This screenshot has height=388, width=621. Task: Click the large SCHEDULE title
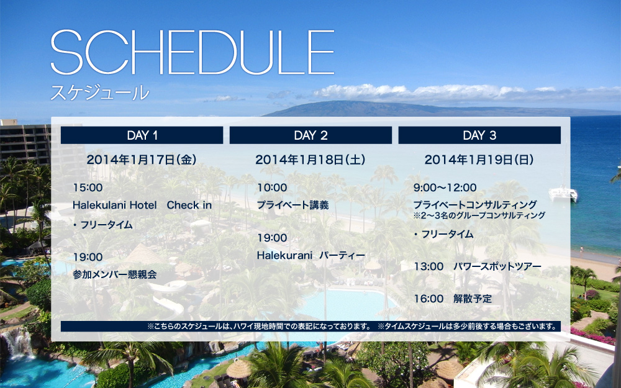193,52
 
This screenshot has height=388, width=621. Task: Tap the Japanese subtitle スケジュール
100,92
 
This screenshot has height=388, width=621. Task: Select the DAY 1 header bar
142,135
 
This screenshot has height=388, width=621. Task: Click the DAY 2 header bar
310,135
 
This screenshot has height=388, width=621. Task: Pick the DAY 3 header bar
479,135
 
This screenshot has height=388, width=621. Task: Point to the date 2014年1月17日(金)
142,160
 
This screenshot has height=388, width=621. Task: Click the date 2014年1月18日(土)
310,160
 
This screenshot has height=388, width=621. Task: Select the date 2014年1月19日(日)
479,160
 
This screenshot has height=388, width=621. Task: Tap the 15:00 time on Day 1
88,187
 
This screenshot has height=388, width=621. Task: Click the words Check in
189,205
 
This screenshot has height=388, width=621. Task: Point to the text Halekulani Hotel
115,205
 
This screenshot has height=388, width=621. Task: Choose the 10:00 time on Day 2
272,187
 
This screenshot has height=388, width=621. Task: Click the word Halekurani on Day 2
284,255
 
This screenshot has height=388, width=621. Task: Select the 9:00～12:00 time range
445,187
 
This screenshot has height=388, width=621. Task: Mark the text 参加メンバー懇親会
115,274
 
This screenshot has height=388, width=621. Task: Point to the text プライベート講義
293,205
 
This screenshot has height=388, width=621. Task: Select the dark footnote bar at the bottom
310,327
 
